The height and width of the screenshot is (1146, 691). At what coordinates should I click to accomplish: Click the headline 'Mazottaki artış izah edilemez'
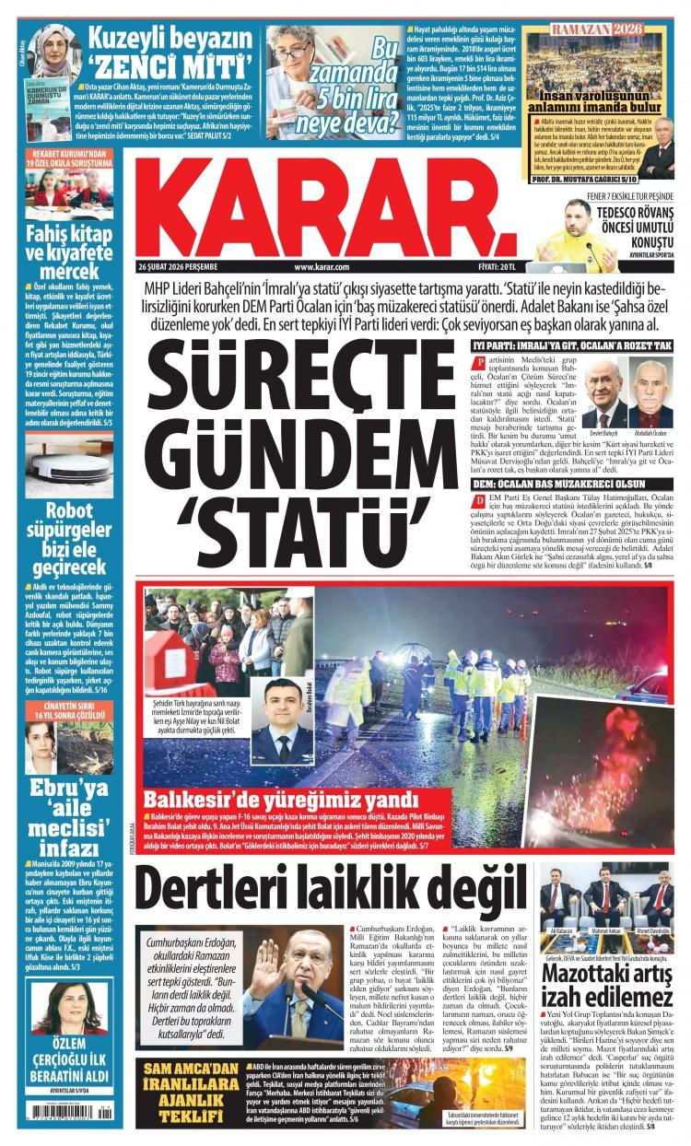pos(607,987)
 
